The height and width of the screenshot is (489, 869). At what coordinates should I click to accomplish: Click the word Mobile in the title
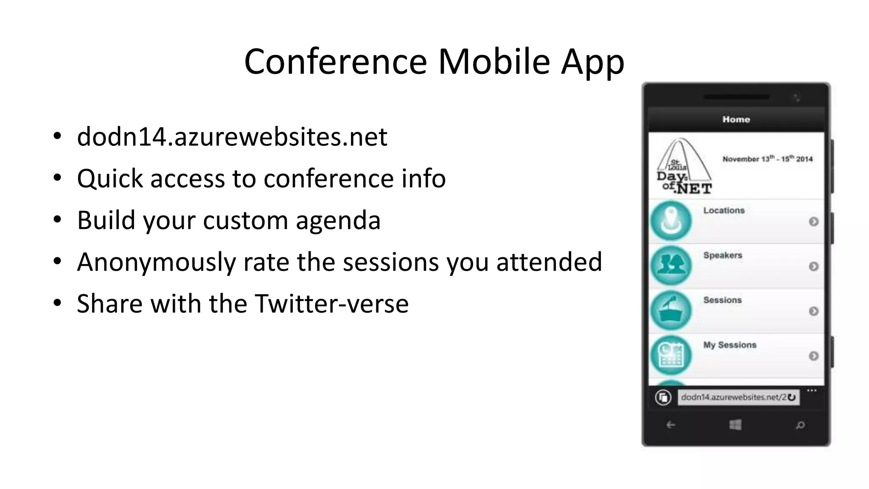pos(494,62)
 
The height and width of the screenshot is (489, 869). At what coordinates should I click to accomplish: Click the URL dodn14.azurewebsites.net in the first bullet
pos(232,137)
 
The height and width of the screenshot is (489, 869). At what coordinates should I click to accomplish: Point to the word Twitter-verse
pos(331,304)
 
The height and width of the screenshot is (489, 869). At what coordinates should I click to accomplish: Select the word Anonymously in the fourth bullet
pos(156,262)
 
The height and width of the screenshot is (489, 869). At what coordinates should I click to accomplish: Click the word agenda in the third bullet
pos(338,220)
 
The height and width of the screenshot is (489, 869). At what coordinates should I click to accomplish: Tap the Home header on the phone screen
pos(736,120)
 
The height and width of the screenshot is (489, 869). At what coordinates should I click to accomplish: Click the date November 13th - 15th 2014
pos(767,159)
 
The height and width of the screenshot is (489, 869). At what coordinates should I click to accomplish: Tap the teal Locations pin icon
pos(671,221)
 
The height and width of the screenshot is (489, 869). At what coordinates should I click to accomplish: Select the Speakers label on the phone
pos(723,256)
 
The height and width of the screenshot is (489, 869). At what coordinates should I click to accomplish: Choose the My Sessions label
pos(730,345)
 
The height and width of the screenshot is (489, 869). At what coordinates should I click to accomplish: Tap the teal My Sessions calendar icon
pos(671,355)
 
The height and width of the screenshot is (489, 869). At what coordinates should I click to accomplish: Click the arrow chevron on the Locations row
pos(813,222)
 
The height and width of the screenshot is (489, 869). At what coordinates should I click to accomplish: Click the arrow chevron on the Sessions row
pos(813,311)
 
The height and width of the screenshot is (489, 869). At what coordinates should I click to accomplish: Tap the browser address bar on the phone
pos(733,397)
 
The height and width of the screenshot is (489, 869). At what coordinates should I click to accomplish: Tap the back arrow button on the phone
pos(671,425)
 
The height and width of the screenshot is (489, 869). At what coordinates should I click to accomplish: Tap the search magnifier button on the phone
pos(800,425)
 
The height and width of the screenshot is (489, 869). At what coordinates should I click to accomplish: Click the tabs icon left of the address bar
pos(663,397)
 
